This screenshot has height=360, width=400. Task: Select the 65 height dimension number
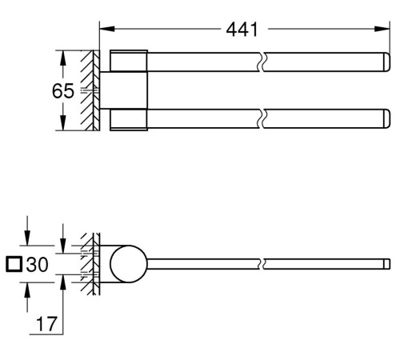coord(63,91)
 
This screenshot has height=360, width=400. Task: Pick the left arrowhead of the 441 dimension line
coord(103,30)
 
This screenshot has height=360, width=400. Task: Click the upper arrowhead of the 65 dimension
coord(62,55)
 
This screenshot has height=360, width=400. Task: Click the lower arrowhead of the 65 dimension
coord(62,126)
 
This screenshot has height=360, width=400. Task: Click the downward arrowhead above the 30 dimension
coord(27,238)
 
